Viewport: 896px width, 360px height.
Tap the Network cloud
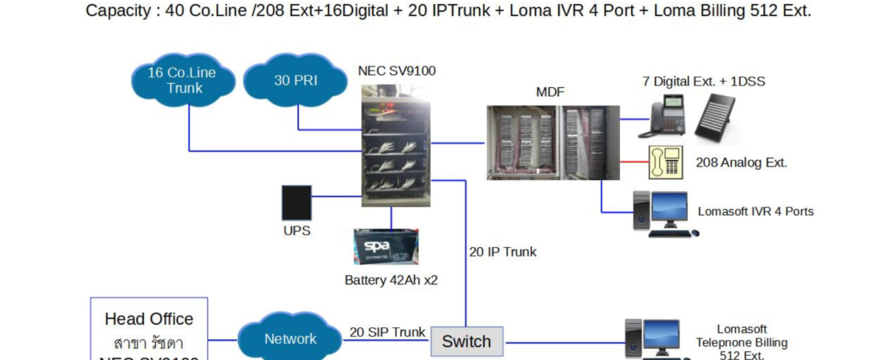click(290, 339)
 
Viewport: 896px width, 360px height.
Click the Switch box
click(466, 342)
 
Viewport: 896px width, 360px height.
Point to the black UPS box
click(296, 203)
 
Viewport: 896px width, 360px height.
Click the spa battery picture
click(386, 247)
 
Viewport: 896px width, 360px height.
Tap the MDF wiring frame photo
click(553, 142)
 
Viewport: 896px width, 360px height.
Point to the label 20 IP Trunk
click(502, 252)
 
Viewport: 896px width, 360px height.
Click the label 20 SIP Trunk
click(387, 332)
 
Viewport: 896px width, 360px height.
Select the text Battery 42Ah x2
click(391, 280)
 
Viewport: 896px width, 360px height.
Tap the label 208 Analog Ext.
click(742, 162)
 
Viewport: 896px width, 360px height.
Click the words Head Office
click(149, 318)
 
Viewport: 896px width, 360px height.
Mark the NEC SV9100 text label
click(397, 70)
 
